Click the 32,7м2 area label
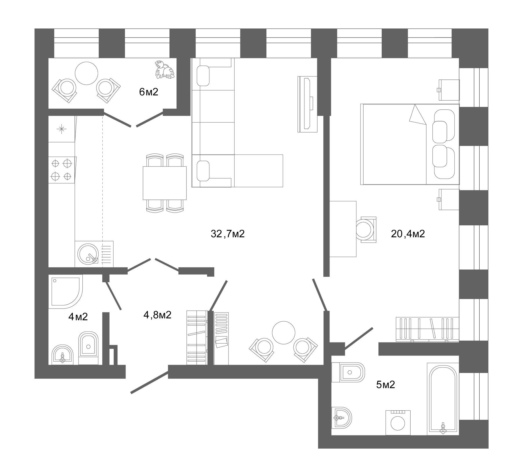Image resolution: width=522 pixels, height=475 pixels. coord(228,234)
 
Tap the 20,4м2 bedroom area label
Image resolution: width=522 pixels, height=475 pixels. coord(408,234)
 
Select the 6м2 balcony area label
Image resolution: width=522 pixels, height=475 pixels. coord(148,92)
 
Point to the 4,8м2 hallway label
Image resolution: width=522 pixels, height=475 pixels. coord(157,315)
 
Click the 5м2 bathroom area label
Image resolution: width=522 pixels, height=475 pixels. coord(385,385)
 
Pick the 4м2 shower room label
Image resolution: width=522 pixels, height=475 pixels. coord(78,317)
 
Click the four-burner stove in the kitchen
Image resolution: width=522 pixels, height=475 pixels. coord(62,170)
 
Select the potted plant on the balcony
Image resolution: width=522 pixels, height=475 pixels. coord(165,70)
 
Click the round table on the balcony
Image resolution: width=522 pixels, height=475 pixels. coord(86,73)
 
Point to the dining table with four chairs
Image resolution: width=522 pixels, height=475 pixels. coord(165,183)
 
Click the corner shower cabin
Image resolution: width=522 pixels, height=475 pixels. coord(66,291)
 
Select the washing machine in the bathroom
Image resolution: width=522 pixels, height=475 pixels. coord(398,423)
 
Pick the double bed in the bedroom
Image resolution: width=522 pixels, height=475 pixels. coord(410,144)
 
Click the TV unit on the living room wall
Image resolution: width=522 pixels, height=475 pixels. coord(307,104)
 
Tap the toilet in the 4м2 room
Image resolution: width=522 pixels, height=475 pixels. coord(88,348)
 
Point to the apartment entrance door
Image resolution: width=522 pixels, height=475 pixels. coord(150,382)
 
